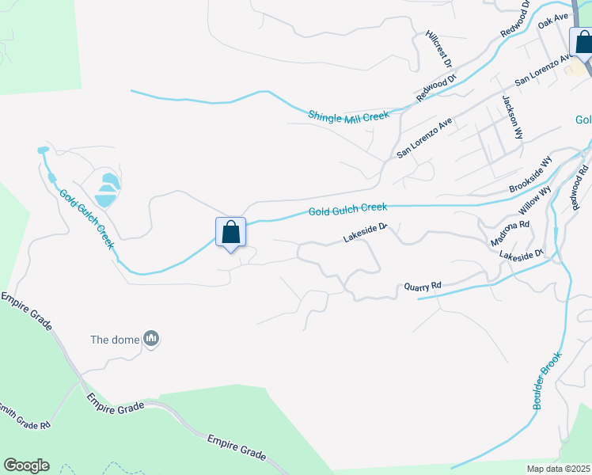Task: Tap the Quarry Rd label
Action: [x=422, y=285]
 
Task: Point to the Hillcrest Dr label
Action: [x=438, y=49]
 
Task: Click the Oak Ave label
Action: [x=553, y=20]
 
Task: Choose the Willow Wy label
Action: [x=533, y=201]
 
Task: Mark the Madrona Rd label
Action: [x=510, y=230]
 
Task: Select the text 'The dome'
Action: [x=114, y=340]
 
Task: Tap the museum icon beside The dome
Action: [x=151, y=340]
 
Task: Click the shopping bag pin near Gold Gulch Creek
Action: [x=230, y=232]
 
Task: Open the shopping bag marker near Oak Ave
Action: [x=583, y=42]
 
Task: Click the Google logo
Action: [x=26, y=465]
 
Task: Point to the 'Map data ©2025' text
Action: [x=558, y=469]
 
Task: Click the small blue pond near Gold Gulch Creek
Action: [x=106, y=188]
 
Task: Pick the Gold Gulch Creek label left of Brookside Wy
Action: [x=347, y=209]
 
